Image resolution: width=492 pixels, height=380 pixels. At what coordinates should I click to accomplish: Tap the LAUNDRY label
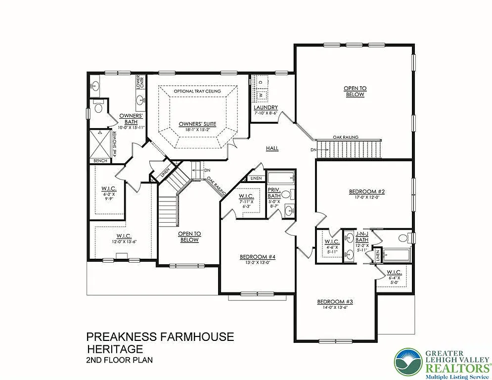coord(266,108)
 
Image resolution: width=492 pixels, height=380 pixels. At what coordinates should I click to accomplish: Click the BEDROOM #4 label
coord(257,256)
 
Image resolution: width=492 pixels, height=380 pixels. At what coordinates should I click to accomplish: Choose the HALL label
coord(272,148)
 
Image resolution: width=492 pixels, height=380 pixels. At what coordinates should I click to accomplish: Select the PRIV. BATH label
coord(274,192)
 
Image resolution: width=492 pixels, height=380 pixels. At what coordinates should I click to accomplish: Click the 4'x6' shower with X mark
coord(101,143)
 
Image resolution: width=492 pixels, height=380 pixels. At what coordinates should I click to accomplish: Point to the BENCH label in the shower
coord(100,161)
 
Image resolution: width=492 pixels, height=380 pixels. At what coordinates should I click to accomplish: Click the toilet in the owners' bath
coord(97,108)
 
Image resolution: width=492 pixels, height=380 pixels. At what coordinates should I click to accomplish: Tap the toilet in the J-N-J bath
coord(403,238)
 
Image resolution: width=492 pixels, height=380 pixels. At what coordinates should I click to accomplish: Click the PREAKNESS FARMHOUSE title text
coord(160,337)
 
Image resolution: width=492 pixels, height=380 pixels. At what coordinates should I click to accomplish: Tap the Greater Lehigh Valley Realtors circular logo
coord(408,361)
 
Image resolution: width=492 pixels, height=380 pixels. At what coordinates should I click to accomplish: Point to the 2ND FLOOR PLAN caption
coord(119,360)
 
